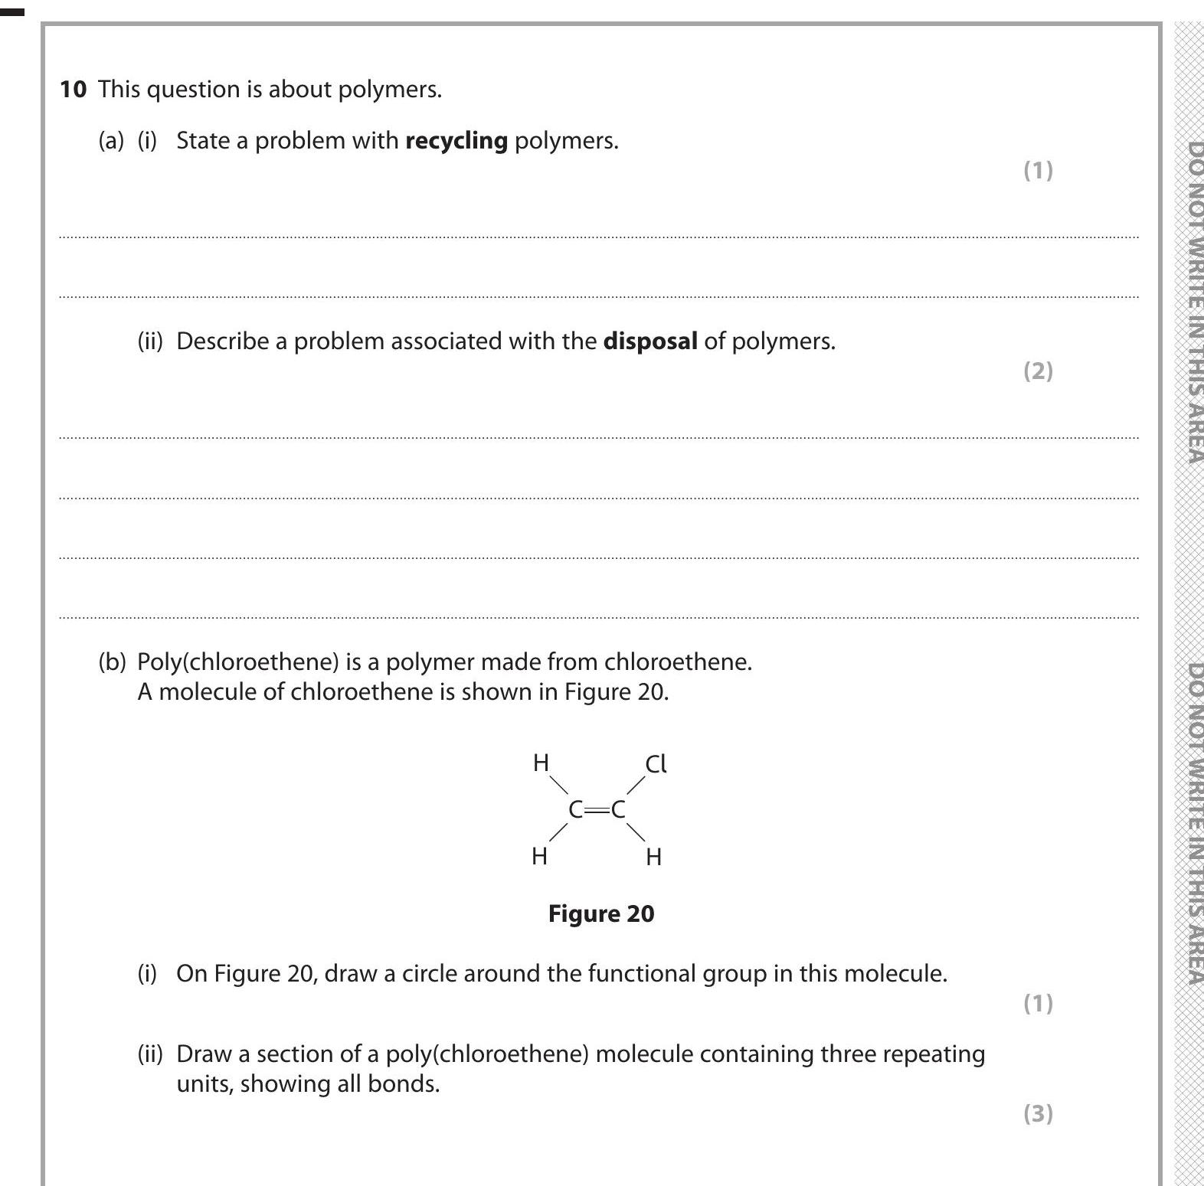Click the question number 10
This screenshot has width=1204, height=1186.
pos(73,90)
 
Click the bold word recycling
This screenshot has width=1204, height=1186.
pos(456,141)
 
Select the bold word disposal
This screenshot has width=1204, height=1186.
pos(650,341)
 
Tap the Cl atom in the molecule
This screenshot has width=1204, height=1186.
pos(656,764)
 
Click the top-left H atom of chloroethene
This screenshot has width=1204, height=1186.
pos(541,763)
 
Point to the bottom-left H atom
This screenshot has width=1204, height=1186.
pos(539,856)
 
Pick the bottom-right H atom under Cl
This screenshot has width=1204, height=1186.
pos(653,857)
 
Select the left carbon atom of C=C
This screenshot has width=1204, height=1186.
pos(575,809)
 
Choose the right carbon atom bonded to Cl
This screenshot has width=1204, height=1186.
pos(618,809)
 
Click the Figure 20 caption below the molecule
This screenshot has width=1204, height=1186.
pos(601,914)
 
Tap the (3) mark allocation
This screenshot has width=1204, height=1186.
pos(1038,1113)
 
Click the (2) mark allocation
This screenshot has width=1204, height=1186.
pos(1038,371)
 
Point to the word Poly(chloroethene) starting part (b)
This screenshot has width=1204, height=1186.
pos(237,662)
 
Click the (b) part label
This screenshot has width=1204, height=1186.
pos(112,662)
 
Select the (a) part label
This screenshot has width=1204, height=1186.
pos(111,141)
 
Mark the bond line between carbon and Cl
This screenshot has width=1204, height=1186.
pos(636,786)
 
